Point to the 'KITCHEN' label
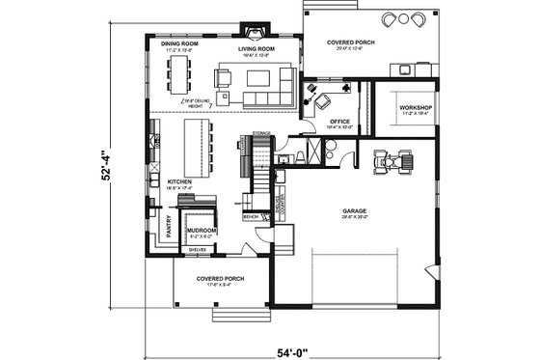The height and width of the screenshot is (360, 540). [179, 181]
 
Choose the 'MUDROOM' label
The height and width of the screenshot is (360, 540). [201, 231]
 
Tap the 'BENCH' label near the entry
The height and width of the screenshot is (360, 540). [251, 217]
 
